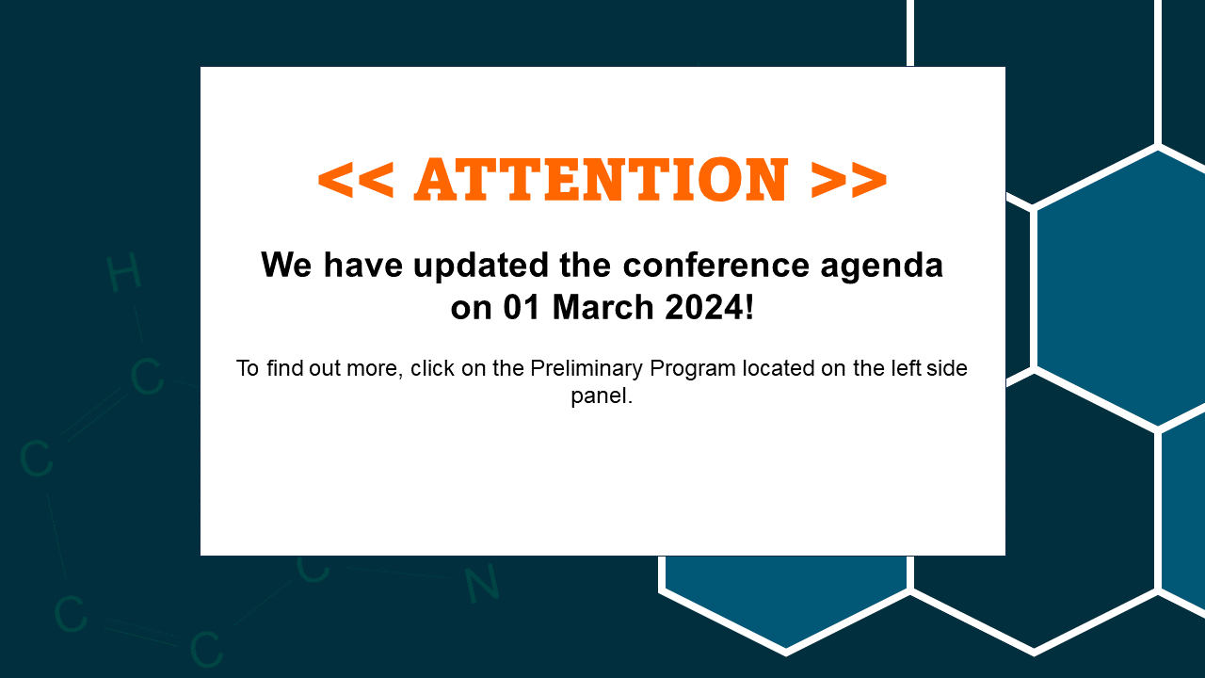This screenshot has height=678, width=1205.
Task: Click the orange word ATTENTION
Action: click(x=601, y=179)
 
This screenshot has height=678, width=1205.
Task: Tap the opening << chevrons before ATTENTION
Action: click(x=356, y=180)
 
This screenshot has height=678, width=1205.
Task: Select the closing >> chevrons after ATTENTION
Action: click(x=849, y=180)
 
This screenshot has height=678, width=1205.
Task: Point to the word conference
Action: click(x=716, y=266)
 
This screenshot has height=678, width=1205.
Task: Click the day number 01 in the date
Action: click(x=522, y=307)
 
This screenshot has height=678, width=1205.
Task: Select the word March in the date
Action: click(x=603, y=307)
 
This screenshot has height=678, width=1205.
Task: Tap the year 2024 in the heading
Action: click(x=703, y=307)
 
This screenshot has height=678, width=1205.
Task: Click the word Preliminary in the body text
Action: click(x=586, y=369)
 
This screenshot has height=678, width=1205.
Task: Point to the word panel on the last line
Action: click(x=598, y=396)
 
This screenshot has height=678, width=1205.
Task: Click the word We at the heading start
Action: click(x=286, y=265)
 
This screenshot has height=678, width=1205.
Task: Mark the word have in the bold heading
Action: click(x=363, y=265)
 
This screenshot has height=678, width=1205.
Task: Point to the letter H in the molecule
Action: click(x=123, y=273)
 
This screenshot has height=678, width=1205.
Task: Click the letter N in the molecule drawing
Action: click(x=482, y=583)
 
